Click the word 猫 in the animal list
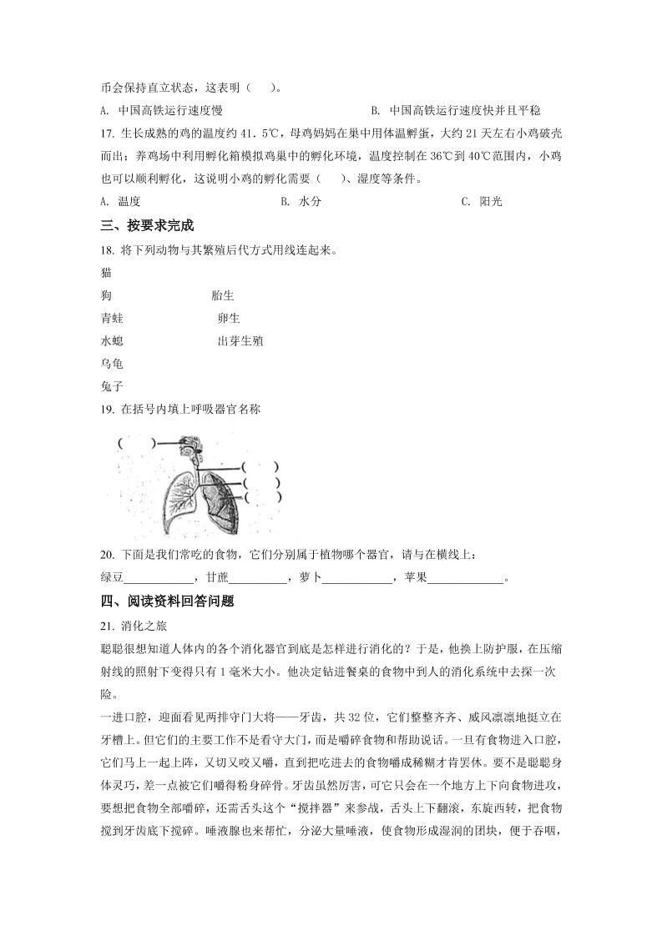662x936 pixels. click(x=105, y=273)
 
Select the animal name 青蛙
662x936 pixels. click(x=111, y=318)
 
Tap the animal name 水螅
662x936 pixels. click(x=111, y=340)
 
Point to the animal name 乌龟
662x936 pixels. click(x=111, y=364)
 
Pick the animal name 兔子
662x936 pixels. click(x=111, y=386)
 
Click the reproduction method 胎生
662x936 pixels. click(x=223, y=295)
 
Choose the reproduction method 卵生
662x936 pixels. click(x=228, y=318)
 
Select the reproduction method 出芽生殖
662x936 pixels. click(x=240, y=340)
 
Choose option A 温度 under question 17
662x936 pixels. click(x=119, y=201)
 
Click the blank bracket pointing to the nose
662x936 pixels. click(x=137, y=443)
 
